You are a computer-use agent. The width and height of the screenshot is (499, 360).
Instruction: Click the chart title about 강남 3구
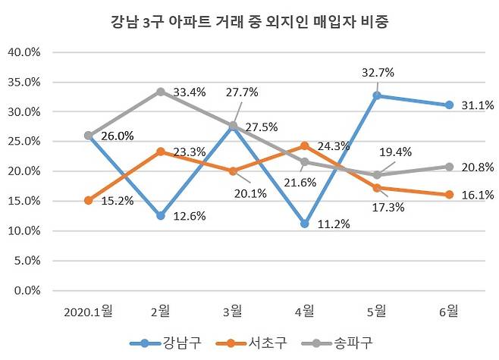coord(249,23)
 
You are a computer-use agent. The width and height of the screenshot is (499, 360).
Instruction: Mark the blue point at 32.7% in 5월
coord(377,95)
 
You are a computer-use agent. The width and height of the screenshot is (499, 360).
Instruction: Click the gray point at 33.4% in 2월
coord(160,92)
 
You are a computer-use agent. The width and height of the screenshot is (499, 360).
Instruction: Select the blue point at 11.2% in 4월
coord(305,224)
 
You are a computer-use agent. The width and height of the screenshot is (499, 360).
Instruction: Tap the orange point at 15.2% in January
coord(88,200)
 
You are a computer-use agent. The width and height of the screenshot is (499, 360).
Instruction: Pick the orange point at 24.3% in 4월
coord(305,146)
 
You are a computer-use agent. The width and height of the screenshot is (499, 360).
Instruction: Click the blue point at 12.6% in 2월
coord(160,215)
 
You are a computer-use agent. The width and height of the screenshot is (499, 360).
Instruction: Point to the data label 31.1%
coord(478,106)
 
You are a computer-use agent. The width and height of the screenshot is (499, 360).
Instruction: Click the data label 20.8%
coord(478,167)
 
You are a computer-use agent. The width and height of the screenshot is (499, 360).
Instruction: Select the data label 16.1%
coord(478,195)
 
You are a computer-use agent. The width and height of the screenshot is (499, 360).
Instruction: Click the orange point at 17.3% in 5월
coord(377,187)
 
